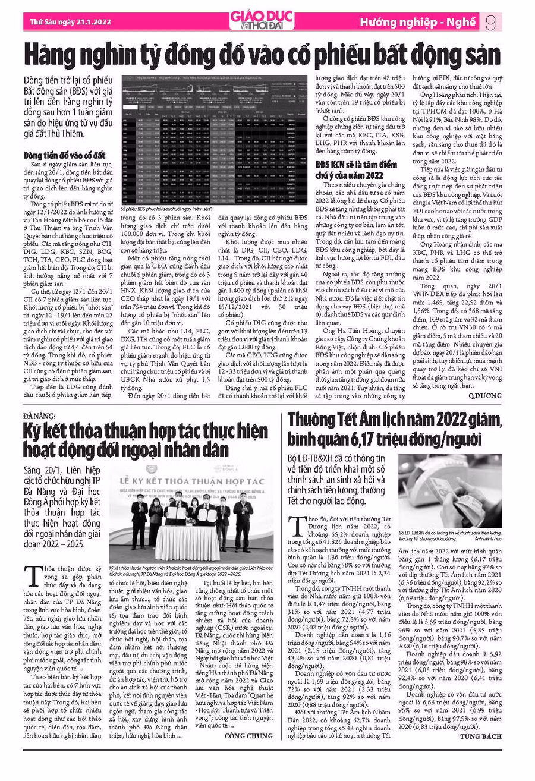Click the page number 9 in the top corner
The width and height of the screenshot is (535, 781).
click(x=491, y=23)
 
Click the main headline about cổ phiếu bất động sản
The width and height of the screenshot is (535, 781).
click(x=262, y=55)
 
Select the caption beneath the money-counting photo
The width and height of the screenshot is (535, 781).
click(x=450, y=536)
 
